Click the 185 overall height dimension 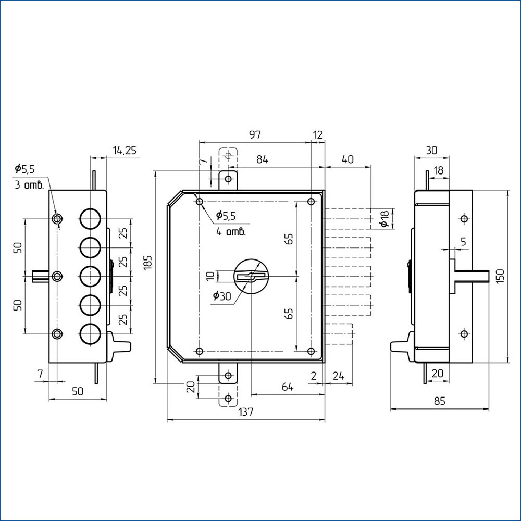pyautogui.click(x=148, y=263)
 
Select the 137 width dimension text pyautogui.click(x=245, y=412)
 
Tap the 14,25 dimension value pyautogui.click(x=125, y=150)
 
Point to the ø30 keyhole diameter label pyautogui.click(x=222, y=295)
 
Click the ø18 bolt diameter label pyautogui.click(x=384, y=219)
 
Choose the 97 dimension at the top pyautogui.click(x=255, y=134)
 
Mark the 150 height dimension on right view pyautogui.click(x=500, y=276)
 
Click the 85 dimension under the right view pyautogui.click(x=439, y=401)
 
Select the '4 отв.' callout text pyautogui.click(x=231, y=232)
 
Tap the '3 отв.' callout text pyautogui.click(x=29, y=185)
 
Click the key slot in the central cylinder pyautogui.click(x=251, y=276)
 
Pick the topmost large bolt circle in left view pyautogui.click(x=90, y=219)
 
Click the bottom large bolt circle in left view pyautogui.click(x=90, y=333)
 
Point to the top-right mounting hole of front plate pyautogui.click(x=312, y=201)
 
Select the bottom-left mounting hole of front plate pyautogui.click(x=200, y=351)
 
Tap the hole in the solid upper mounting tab pyautogui.click(x=228, y=179)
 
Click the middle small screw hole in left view pyautogui.click(x=57, y=276)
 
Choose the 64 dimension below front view pyautogui.click(x=288, y=387)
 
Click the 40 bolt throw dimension pyautogui.click(x=348, y=159)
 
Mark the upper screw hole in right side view pyautogui.click(x=464, y=219)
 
